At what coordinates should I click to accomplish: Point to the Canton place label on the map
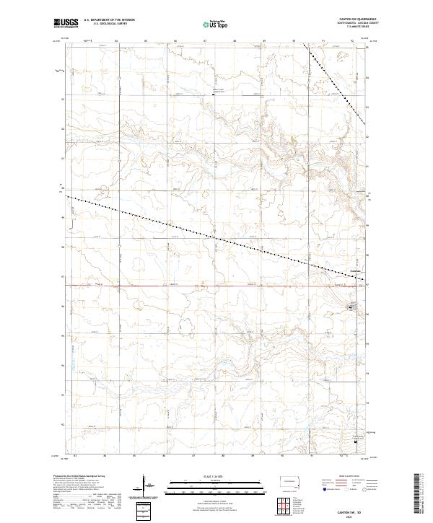coord(354,271)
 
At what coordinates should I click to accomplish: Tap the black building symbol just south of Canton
coord(351,308)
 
